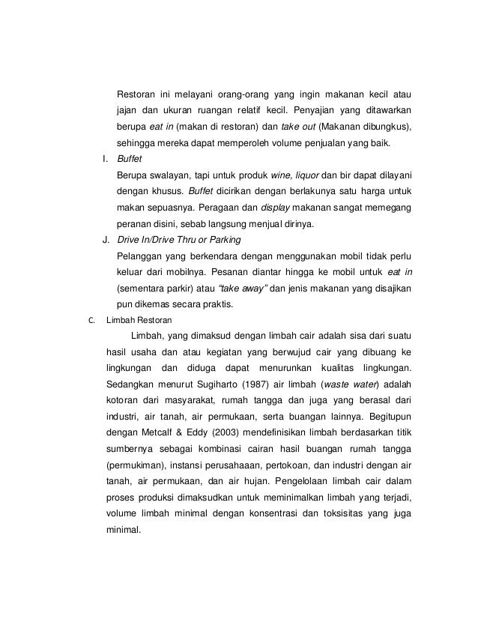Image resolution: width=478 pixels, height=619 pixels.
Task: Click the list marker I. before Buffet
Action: click(x=105, y=160)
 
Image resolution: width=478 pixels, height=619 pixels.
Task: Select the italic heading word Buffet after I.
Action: click(x=129, y=160)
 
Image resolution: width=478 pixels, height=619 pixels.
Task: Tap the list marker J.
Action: click(x=106, y=241)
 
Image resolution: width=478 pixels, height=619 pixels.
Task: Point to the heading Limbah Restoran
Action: click(x=139, y=320)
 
